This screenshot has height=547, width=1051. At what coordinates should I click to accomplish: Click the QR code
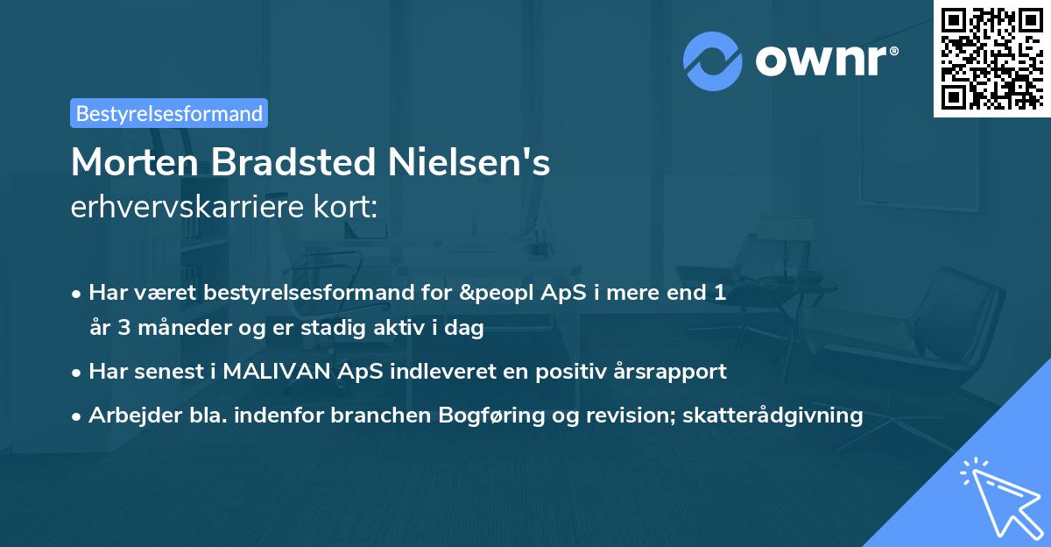pos(992,58)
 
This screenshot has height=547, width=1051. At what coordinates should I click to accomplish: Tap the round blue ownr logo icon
pos(712,60)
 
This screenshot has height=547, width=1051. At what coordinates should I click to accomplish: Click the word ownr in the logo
pos(825,61)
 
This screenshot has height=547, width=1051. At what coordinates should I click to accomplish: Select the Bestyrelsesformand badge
pos(169,113)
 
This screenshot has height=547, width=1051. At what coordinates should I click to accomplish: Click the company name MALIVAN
pos(278,371)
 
